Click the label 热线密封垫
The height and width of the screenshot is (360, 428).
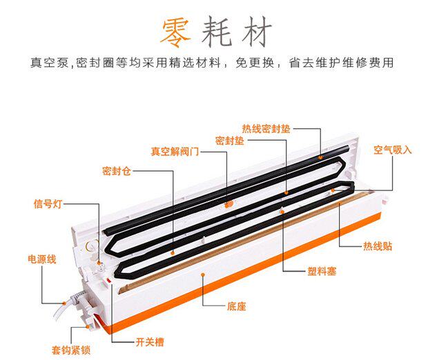[x=266, y=128]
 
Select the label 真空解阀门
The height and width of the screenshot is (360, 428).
[x=175, y=151]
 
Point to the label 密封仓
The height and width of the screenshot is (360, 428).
[x=115, y=170]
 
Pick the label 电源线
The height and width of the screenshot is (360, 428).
[x=41, y=259]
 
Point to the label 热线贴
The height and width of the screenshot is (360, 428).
[x=377, y=246]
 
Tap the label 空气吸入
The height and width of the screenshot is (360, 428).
[x=392, y=149]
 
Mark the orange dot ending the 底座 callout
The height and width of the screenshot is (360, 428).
[x=202, y=274]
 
